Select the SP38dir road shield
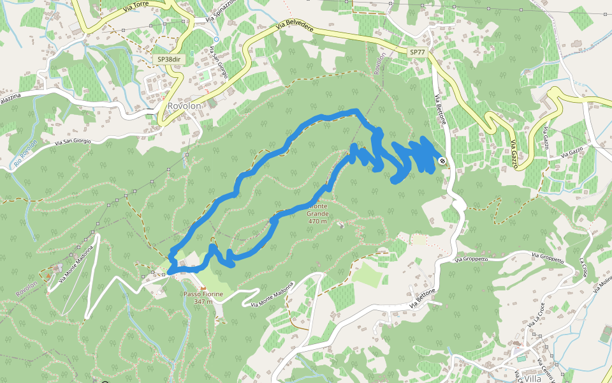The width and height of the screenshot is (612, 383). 170,59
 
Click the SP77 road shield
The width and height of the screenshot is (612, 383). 417,51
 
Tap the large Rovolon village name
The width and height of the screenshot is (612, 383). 185,107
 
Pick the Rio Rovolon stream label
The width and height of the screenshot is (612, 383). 24,154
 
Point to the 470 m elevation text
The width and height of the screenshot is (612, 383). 317,222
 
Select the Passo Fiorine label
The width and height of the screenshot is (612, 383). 203,294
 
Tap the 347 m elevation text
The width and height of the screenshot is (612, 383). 202,301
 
